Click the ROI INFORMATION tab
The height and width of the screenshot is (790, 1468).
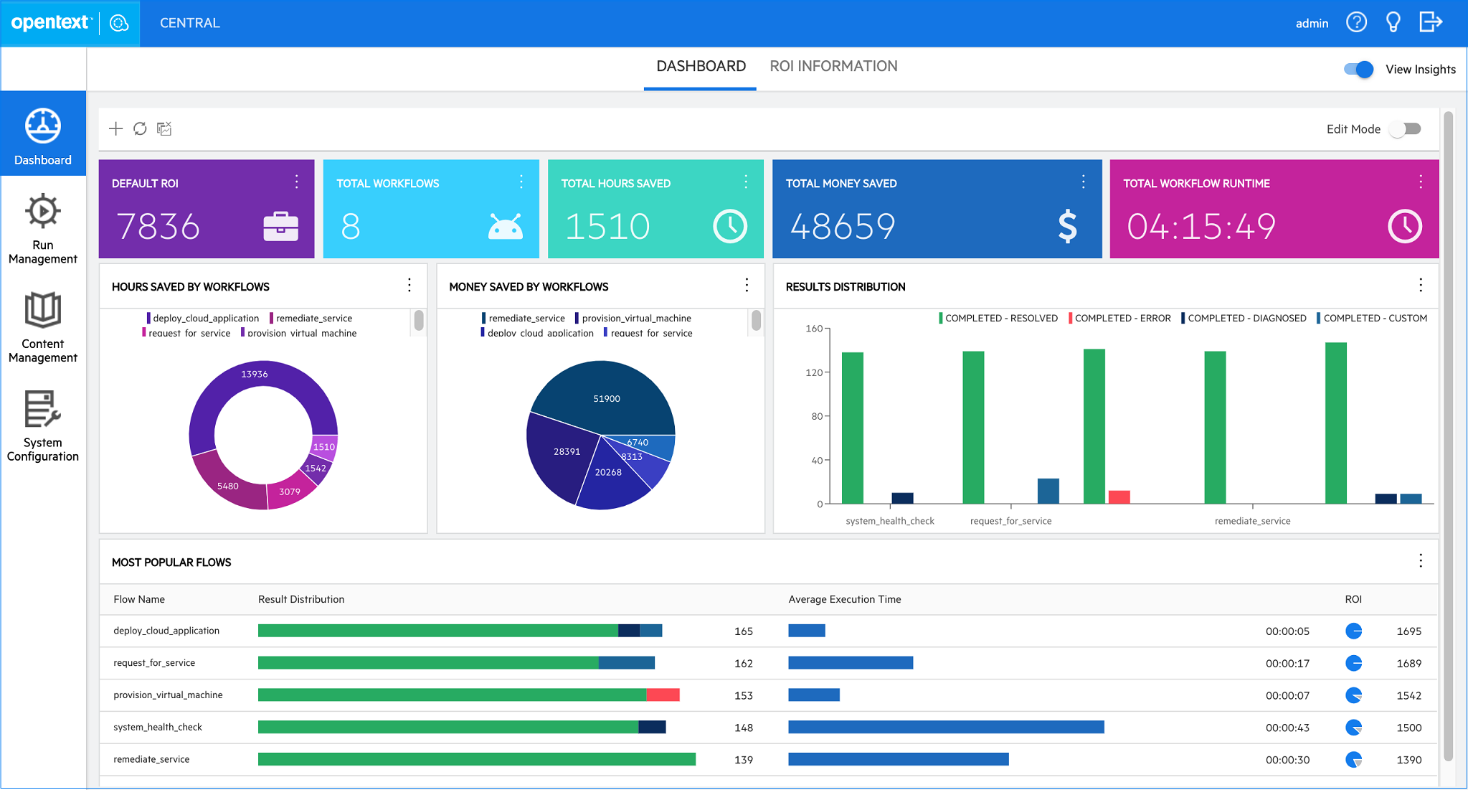(x=833, y=67)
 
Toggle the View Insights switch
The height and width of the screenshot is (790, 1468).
(x=1358, y=70)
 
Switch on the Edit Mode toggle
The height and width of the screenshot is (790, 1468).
(x=1405, y=129)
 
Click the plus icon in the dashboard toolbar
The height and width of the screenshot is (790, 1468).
(x=115, y=129)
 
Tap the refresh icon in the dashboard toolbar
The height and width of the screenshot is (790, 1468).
(x=140, y=129)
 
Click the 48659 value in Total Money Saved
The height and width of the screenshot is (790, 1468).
(x=843, y=227)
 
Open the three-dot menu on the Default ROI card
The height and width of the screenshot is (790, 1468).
(x=296, y=182)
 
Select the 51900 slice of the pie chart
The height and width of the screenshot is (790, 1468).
(x=607, y=399)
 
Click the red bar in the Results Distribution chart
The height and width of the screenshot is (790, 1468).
(x=1119, y=497)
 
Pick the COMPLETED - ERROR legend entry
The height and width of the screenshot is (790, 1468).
(x=1122, y=319)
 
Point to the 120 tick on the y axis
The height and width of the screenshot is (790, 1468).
(x=814, y=372)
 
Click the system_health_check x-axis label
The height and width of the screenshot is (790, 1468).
(x=890, y=521)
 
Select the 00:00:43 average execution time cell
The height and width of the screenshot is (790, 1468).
(x=1287, y=728)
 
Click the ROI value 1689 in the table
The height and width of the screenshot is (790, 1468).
(x=1408, y=664)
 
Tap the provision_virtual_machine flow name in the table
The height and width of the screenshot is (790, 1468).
(x=168, y=695)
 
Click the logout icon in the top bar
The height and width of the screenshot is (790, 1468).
(x=1430, y=22)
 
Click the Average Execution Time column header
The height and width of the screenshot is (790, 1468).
(x=844, y=600)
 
